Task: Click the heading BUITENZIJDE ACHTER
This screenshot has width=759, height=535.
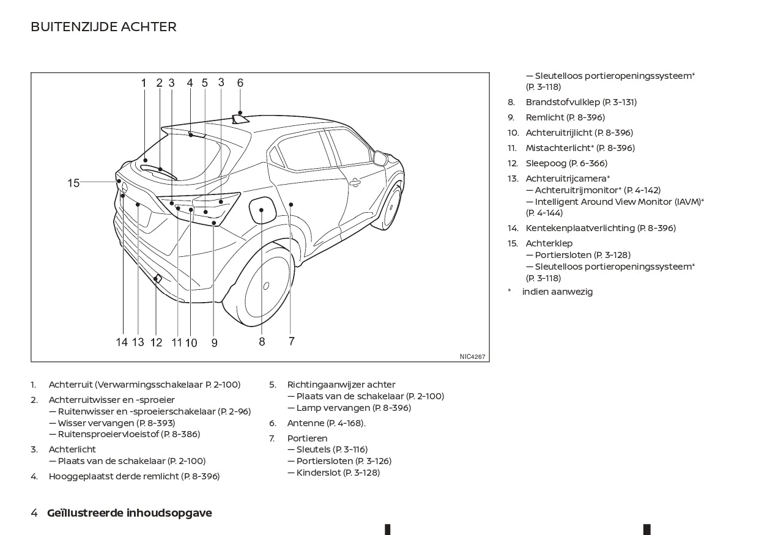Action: click(103, 27)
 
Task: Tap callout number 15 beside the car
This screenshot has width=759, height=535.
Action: click(73, 183)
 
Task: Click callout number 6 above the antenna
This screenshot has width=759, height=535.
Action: click(240, 83)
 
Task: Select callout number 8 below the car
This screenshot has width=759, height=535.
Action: click(262, 342)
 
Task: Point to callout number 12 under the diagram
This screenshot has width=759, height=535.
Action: click(156, 342)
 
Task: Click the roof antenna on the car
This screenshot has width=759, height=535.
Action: click(240, 119)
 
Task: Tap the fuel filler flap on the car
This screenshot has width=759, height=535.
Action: click(262, 210)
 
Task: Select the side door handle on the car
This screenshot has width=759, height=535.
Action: click(355, 183)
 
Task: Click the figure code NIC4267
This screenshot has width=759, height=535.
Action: click(472, 356)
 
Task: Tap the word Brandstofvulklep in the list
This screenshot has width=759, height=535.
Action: click(563, 102)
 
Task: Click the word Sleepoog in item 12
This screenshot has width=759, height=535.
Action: click(546, 163)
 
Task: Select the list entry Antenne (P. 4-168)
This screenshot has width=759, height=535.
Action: click(327, 423)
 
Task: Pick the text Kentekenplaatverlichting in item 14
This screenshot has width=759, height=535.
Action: click(580, 228)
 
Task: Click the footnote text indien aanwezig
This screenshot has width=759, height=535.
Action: click(557, 292)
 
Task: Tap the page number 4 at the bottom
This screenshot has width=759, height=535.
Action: click(34, 512)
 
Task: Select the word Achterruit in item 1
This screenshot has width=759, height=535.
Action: click(70, 385)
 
